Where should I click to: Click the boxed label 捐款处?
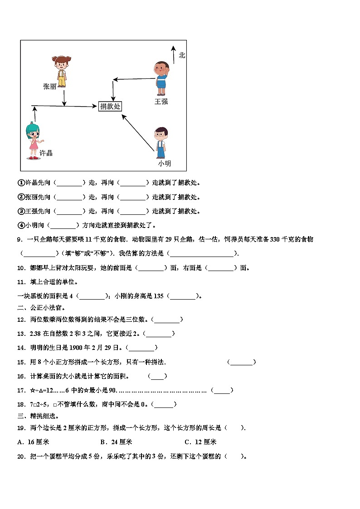pos(110,106)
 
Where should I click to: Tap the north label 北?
pos(182,55)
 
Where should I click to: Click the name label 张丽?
pos(50,86)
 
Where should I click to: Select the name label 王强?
pos(161,102)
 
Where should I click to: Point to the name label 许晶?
pos(46,153)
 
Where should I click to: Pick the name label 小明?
pos(164,163)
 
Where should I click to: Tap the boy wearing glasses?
pos(160,141)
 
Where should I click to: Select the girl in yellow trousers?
pos(61,70)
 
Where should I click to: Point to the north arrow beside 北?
pos(173,54)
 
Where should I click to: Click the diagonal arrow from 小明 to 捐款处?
pos(138,131)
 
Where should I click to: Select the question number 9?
pos(19,239)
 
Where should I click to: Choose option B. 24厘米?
pos(116,442)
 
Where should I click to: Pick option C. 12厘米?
pos(200,442)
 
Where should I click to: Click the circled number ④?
pos(20,225)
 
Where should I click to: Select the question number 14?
pos(21,348)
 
